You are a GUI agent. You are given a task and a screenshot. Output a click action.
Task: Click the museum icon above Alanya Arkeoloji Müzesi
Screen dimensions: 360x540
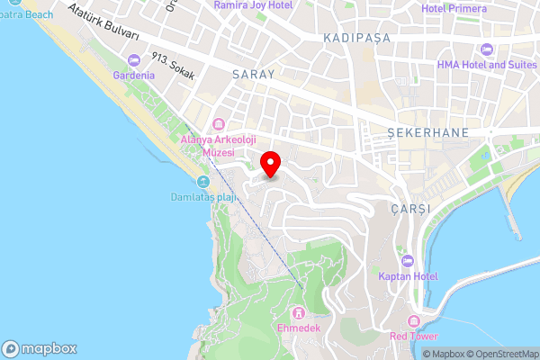coord(218,124)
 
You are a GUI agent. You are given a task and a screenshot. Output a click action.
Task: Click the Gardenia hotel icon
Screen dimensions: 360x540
coord(134,60)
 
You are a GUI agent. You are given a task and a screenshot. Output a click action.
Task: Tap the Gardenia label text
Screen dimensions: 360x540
coord(134,75)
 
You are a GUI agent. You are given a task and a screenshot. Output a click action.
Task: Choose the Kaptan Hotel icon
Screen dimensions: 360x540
coord(408,261)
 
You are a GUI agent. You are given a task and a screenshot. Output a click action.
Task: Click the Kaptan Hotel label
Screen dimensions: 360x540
coord(408,276)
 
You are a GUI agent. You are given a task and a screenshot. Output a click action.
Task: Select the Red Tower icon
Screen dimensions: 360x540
coord(413,321)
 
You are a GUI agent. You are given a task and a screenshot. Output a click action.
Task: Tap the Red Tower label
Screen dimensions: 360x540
coord(413,336)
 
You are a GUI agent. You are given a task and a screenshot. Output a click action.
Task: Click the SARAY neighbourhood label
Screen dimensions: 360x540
coord(252,75)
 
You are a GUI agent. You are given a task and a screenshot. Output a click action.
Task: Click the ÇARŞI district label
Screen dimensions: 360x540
coord(411,208)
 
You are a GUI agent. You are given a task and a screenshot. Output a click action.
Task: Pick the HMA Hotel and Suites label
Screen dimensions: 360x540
coord(485,65)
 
